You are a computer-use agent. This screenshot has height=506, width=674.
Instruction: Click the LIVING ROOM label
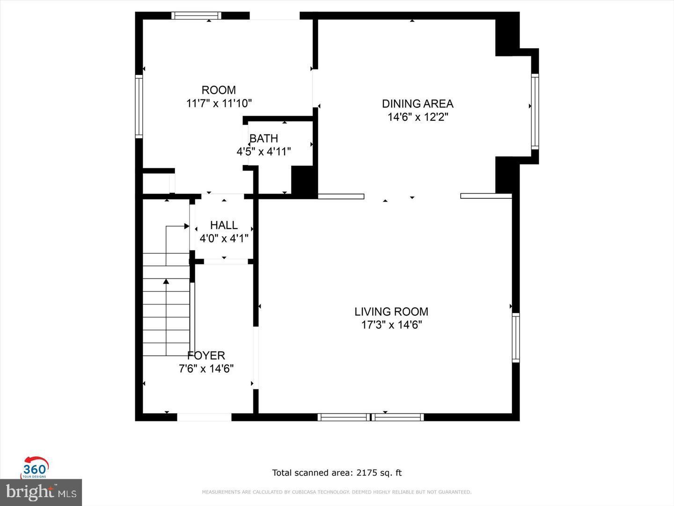[x=391, y=312]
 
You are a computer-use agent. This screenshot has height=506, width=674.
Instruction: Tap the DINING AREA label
[x=418, y=104]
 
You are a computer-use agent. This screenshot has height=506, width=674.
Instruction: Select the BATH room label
[x=264, y=139]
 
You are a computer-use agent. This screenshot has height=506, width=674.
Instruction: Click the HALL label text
[x=224, y=225]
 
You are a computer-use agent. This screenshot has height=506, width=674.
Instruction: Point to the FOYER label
[x=206, y=356]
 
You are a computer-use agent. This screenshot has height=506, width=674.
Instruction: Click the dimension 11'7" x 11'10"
[x=219, y=103]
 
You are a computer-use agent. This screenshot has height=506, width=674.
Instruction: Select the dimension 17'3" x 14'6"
[x=391, y=325]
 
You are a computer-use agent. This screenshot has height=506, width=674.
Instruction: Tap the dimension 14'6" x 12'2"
[x=418, y=117]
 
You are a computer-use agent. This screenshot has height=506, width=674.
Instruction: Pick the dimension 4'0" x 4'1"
[x=224, y=238]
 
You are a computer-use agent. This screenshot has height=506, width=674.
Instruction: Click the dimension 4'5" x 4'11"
[x=264, y=152]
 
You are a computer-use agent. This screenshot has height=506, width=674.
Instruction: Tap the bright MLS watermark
[x=41, y=492]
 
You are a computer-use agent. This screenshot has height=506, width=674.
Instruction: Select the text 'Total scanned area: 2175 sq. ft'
[x=337, y=473]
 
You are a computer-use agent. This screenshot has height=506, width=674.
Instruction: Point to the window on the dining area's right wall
[x=535, y=111]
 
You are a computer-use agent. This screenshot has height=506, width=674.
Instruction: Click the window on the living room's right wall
[x=515, y=337]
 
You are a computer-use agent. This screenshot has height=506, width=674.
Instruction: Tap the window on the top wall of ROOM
[x=196, y=15]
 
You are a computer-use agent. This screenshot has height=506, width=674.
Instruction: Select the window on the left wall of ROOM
[x=139, y=106]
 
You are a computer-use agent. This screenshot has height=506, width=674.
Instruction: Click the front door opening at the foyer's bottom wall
[x=204, y=417]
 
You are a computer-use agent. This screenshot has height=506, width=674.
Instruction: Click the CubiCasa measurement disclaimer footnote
[x=337, y=492]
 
